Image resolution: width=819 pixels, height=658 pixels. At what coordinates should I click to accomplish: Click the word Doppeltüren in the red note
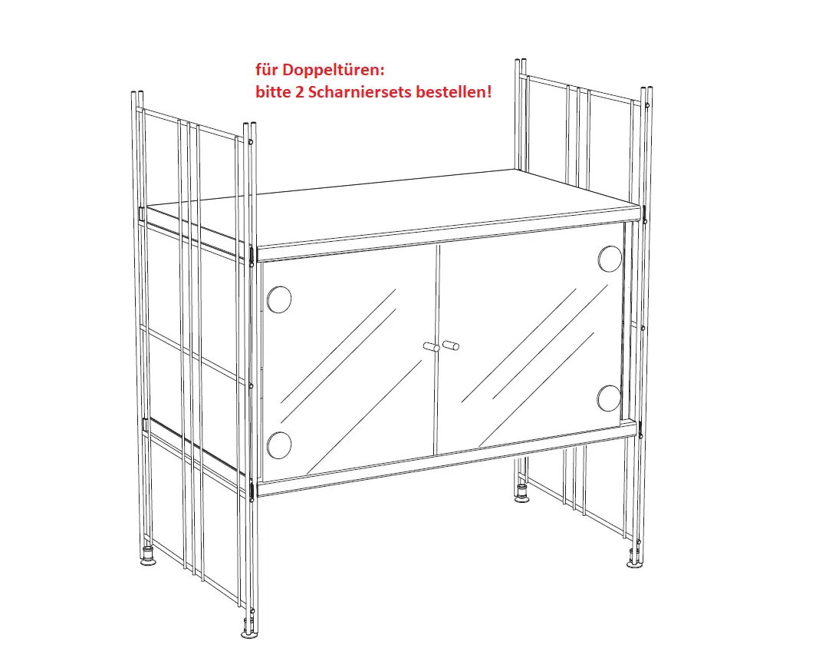332,70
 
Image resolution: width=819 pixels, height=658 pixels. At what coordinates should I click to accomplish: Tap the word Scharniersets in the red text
360,92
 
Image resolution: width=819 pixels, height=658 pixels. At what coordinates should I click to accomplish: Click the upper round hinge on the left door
279,299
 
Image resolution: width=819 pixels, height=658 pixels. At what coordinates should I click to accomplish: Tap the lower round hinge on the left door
279,445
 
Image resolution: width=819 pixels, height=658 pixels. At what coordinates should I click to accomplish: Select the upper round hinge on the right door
610,259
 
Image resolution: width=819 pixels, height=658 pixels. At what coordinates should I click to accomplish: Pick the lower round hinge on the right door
609,398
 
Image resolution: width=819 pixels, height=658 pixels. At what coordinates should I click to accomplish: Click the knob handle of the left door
431,347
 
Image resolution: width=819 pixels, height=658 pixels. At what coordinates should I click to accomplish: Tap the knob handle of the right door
451,346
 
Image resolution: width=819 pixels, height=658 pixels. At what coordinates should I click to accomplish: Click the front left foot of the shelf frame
250,630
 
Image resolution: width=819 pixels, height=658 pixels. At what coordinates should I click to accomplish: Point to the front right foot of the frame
635,559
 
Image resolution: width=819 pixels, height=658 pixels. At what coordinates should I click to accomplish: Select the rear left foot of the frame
149,557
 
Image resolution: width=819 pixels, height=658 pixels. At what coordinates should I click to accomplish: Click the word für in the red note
266,70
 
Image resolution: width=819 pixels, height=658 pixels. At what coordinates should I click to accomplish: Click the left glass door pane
348,362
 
